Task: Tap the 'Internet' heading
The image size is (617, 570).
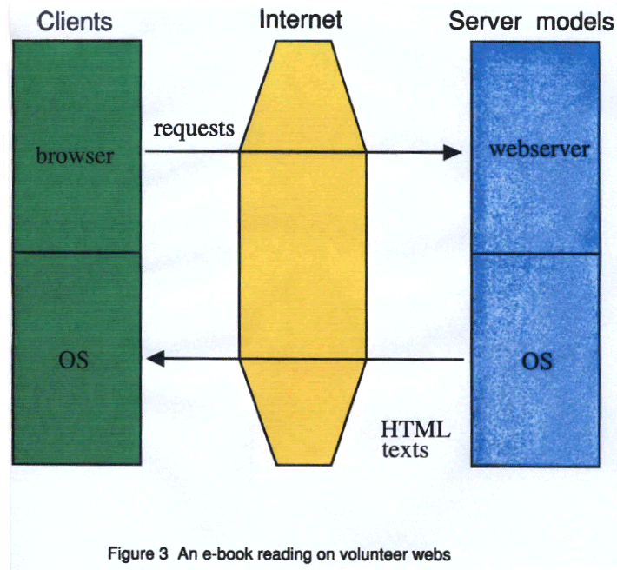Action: (301, 19)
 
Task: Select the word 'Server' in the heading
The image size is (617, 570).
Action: (485, 22)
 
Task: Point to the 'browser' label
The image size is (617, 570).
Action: (75, 156)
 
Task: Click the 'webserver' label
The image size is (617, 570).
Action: (539, 149)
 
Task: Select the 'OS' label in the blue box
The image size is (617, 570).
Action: (536, 360)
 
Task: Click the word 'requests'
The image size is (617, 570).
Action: (194, 129)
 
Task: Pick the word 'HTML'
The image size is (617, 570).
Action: (415, 430)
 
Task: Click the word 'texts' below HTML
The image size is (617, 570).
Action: (405, 450)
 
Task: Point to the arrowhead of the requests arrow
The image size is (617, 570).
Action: (451, 152)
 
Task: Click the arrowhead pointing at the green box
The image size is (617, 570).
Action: (154, 359)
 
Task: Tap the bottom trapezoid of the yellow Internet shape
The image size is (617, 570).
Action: (302, 408)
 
